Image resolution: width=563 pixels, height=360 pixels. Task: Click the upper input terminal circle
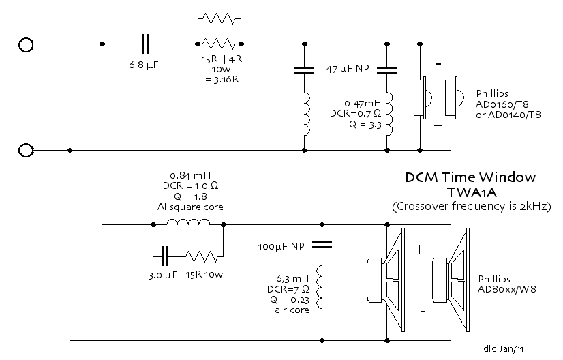pos(26,44)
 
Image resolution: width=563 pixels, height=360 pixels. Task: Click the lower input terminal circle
pos(26,150)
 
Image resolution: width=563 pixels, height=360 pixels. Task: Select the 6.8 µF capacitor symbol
pos(145,44)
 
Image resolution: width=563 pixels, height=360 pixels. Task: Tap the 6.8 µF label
pos(144,65)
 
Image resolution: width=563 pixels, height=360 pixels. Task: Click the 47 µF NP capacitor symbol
pos(386,70)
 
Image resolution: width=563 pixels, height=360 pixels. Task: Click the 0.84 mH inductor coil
pos(188,222)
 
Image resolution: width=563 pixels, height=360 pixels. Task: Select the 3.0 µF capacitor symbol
pos(165,256)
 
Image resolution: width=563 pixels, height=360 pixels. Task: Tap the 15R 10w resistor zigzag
pos(202,256)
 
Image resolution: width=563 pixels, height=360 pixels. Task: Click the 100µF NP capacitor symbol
pos(322,245)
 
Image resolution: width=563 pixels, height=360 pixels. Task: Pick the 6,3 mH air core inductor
pos(320,287)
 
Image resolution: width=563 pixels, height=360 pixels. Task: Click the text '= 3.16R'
pos(222,80)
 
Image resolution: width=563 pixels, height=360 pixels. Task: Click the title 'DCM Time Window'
pos(470,177)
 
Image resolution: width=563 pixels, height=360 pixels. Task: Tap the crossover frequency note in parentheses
pos(472,207)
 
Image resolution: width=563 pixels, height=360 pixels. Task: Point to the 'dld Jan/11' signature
pos(504,348)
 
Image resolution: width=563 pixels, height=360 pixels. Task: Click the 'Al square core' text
pos(190,207)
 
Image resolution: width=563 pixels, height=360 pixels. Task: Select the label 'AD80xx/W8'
pos(506,289)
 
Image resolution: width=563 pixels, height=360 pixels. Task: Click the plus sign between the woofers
pos(419,250)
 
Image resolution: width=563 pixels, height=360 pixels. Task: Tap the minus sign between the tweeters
pos(438,64)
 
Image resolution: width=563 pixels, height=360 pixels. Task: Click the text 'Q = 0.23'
pos(290,299)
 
